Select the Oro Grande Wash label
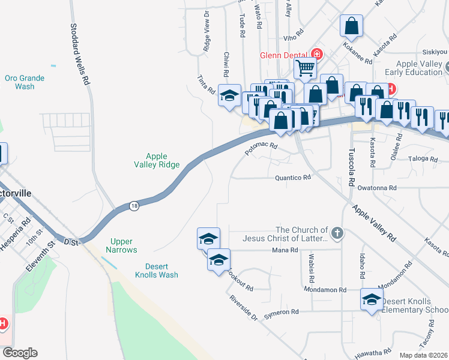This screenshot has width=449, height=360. coord(20,82)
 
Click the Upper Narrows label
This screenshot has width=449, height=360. coord(121,245)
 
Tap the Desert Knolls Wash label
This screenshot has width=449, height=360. coord(161,271)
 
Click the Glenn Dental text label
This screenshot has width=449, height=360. coord(283,55)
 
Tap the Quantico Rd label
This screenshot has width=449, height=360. coord(293,178)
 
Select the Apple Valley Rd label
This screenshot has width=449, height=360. coord(374,222)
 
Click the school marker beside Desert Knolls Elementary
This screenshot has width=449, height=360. coord(372,299)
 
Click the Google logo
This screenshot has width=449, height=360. coord(20,353)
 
